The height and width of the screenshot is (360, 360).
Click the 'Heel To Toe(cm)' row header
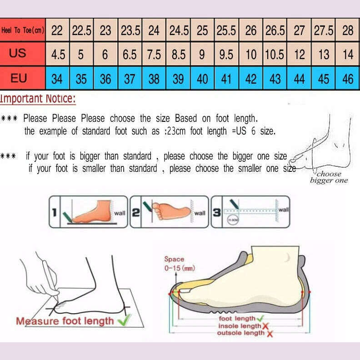23,30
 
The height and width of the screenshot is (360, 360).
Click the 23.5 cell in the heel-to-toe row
130,30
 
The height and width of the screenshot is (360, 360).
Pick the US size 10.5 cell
275,55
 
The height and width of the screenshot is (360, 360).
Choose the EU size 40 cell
202,79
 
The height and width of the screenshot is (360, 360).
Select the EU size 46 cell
348,79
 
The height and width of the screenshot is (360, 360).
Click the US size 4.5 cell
58,55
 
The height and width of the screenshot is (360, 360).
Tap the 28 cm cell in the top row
348,30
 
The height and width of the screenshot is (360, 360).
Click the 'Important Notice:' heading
38,99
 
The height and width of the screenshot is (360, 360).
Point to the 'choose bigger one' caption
329,177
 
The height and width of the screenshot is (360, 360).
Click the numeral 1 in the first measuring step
54,212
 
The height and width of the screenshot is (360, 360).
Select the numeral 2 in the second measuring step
135,212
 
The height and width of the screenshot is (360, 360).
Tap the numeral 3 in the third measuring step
217,212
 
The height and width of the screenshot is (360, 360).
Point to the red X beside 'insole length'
265,326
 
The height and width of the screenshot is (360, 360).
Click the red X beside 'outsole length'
270,334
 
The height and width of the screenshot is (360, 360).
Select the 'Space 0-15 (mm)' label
179,264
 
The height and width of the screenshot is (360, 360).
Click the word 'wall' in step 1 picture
120,213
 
